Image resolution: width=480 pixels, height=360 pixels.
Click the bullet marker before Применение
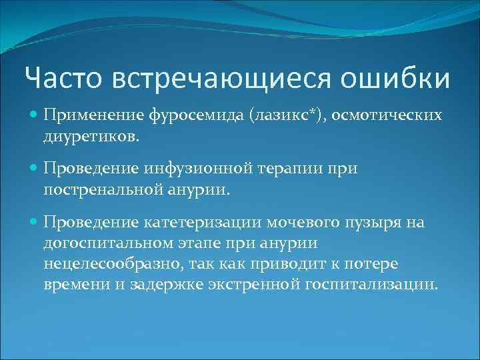pyautogui.click(x=33, y=115)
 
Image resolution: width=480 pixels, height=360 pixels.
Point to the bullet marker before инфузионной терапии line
pyautogui.click(x=33, y=169)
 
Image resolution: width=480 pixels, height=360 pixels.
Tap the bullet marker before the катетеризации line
pyautogui.click(x=33, y=222)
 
